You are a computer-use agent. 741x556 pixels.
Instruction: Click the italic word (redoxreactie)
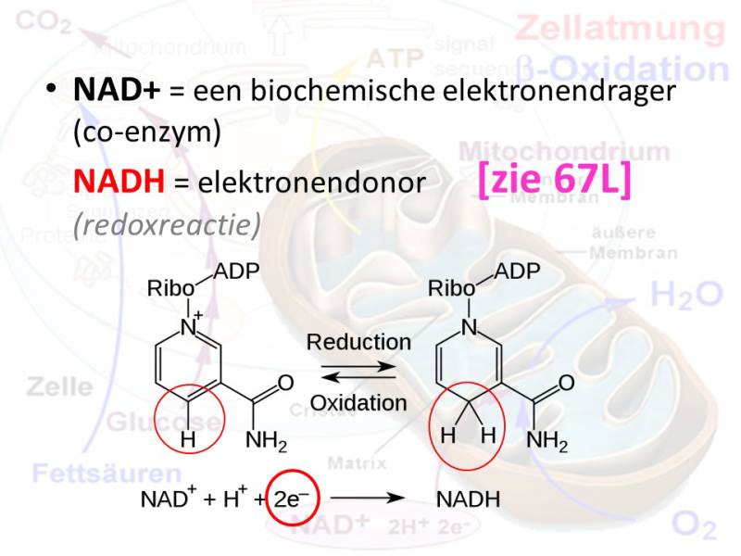[167, 224]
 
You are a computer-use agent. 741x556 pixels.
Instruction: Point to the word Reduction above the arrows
[358, 342]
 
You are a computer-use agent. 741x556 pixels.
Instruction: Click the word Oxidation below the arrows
[358, 403]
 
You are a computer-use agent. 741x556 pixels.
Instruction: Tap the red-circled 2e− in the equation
[286, 500]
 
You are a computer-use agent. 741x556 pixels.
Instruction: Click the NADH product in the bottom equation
[468, 500]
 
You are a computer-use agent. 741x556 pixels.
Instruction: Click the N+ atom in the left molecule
[191, 326]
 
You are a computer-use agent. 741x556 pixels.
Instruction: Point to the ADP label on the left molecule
[235, 272]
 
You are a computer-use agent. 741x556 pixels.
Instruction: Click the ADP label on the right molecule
[517, 272]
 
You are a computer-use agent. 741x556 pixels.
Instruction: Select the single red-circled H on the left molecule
[189, 441]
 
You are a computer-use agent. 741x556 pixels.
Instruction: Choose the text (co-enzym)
[147, 133]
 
